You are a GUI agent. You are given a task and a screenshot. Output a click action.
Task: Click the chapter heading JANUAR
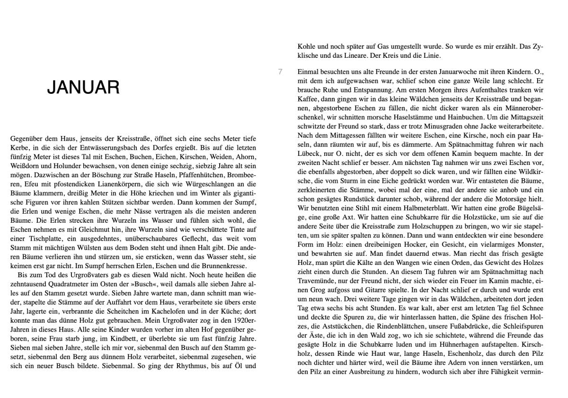click(x=83, y=88)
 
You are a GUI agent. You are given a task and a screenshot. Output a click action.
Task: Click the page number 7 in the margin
click(x=280, y=72)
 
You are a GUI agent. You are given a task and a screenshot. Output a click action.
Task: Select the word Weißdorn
click(x=24, y=166)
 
